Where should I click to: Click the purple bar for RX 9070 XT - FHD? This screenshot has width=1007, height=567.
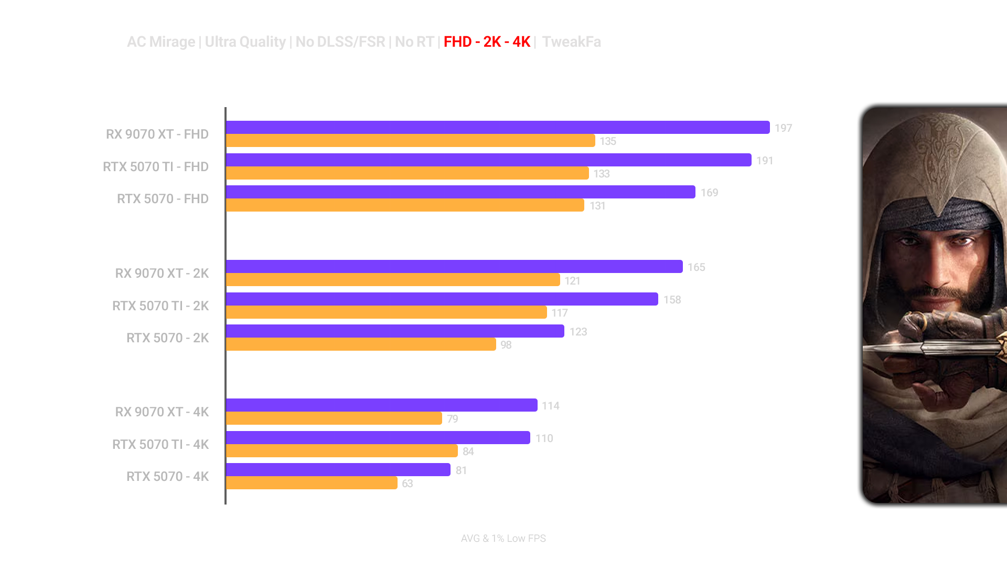[x=497, y=128]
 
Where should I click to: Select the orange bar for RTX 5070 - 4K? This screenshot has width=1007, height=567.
[x=312, y=483]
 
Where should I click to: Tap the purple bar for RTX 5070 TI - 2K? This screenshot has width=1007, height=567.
[x=442, y=299]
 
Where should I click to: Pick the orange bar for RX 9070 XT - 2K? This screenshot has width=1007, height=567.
[x=393, y=280]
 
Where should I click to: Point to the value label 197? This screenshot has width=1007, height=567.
[x=784, y=128]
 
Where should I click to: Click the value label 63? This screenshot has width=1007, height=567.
[x=408, y=484]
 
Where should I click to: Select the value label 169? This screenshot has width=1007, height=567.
[x=709, y=193]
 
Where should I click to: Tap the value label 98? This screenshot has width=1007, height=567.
[x=506, y=345]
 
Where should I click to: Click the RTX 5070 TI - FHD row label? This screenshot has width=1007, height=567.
[x=155, y=166]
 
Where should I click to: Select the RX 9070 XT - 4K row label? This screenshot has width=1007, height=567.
[x=162, y=412]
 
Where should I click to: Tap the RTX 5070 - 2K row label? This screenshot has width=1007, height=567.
[x=167, y=338]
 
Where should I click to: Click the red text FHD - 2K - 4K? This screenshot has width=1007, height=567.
[x=487, y=42]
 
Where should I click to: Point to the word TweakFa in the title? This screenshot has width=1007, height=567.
[x=571, y=42]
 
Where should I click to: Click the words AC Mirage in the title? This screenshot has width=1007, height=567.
[x=160, y=42]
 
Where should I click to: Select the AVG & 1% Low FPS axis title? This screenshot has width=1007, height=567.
[x=503, y=538]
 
